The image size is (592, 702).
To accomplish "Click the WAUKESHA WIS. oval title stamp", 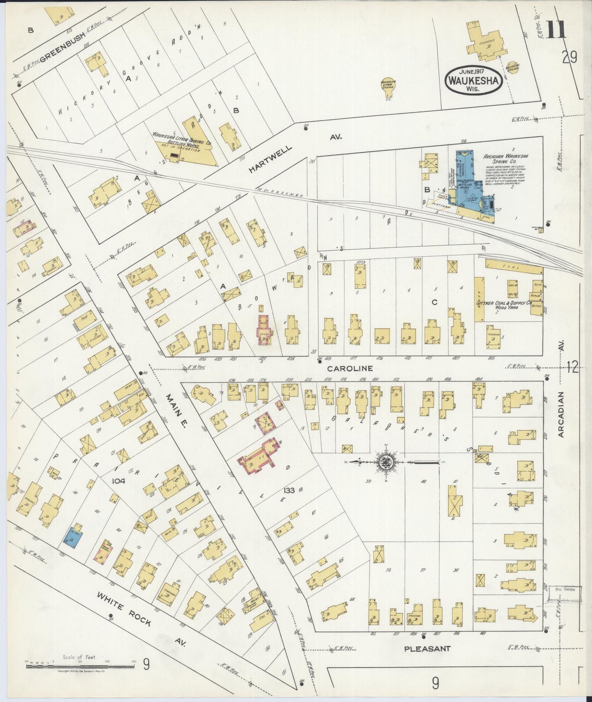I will tap(474, 79).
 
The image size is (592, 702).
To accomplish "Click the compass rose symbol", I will tap(386, 462).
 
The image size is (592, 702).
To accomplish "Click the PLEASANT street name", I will tap(427, 649).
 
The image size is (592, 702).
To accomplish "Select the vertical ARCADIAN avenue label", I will tap(561, 414).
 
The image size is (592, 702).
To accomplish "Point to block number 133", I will tap(289, 490).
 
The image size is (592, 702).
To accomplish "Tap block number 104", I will tap(119, 481).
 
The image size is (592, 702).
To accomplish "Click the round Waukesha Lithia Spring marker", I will tap(388, 85).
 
